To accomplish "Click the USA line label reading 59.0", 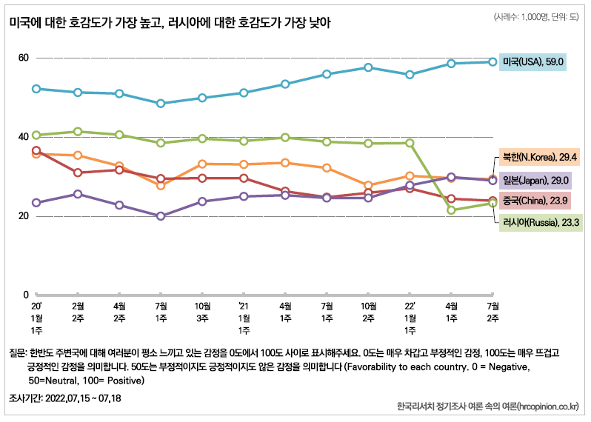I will coord(532,62).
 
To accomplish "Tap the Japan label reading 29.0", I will coord(535,181).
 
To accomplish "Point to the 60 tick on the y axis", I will coord(24,58).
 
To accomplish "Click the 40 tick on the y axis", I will coord(24,136).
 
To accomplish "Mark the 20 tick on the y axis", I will coord(24,215).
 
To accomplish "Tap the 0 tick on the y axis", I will coord(26,295).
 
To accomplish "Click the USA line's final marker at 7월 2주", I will coord(492,61).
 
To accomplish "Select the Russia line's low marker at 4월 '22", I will coord(451,210).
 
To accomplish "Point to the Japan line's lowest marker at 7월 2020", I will coord(161,216).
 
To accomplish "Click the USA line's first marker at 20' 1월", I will coord(36,89).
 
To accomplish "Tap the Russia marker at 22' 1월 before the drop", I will coord(410,143).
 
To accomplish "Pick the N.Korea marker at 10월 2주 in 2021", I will coord(368,185).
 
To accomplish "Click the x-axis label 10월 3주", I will coord(202,311).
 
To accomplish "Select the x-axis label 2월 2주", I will coord(77,311).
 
